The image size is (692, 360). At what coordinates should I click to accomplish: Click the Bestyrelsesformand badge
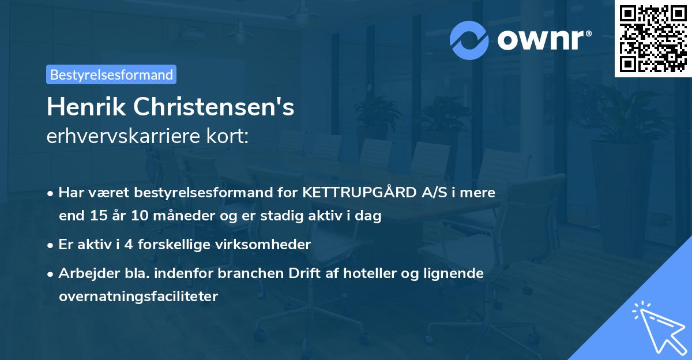point(111,74)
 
